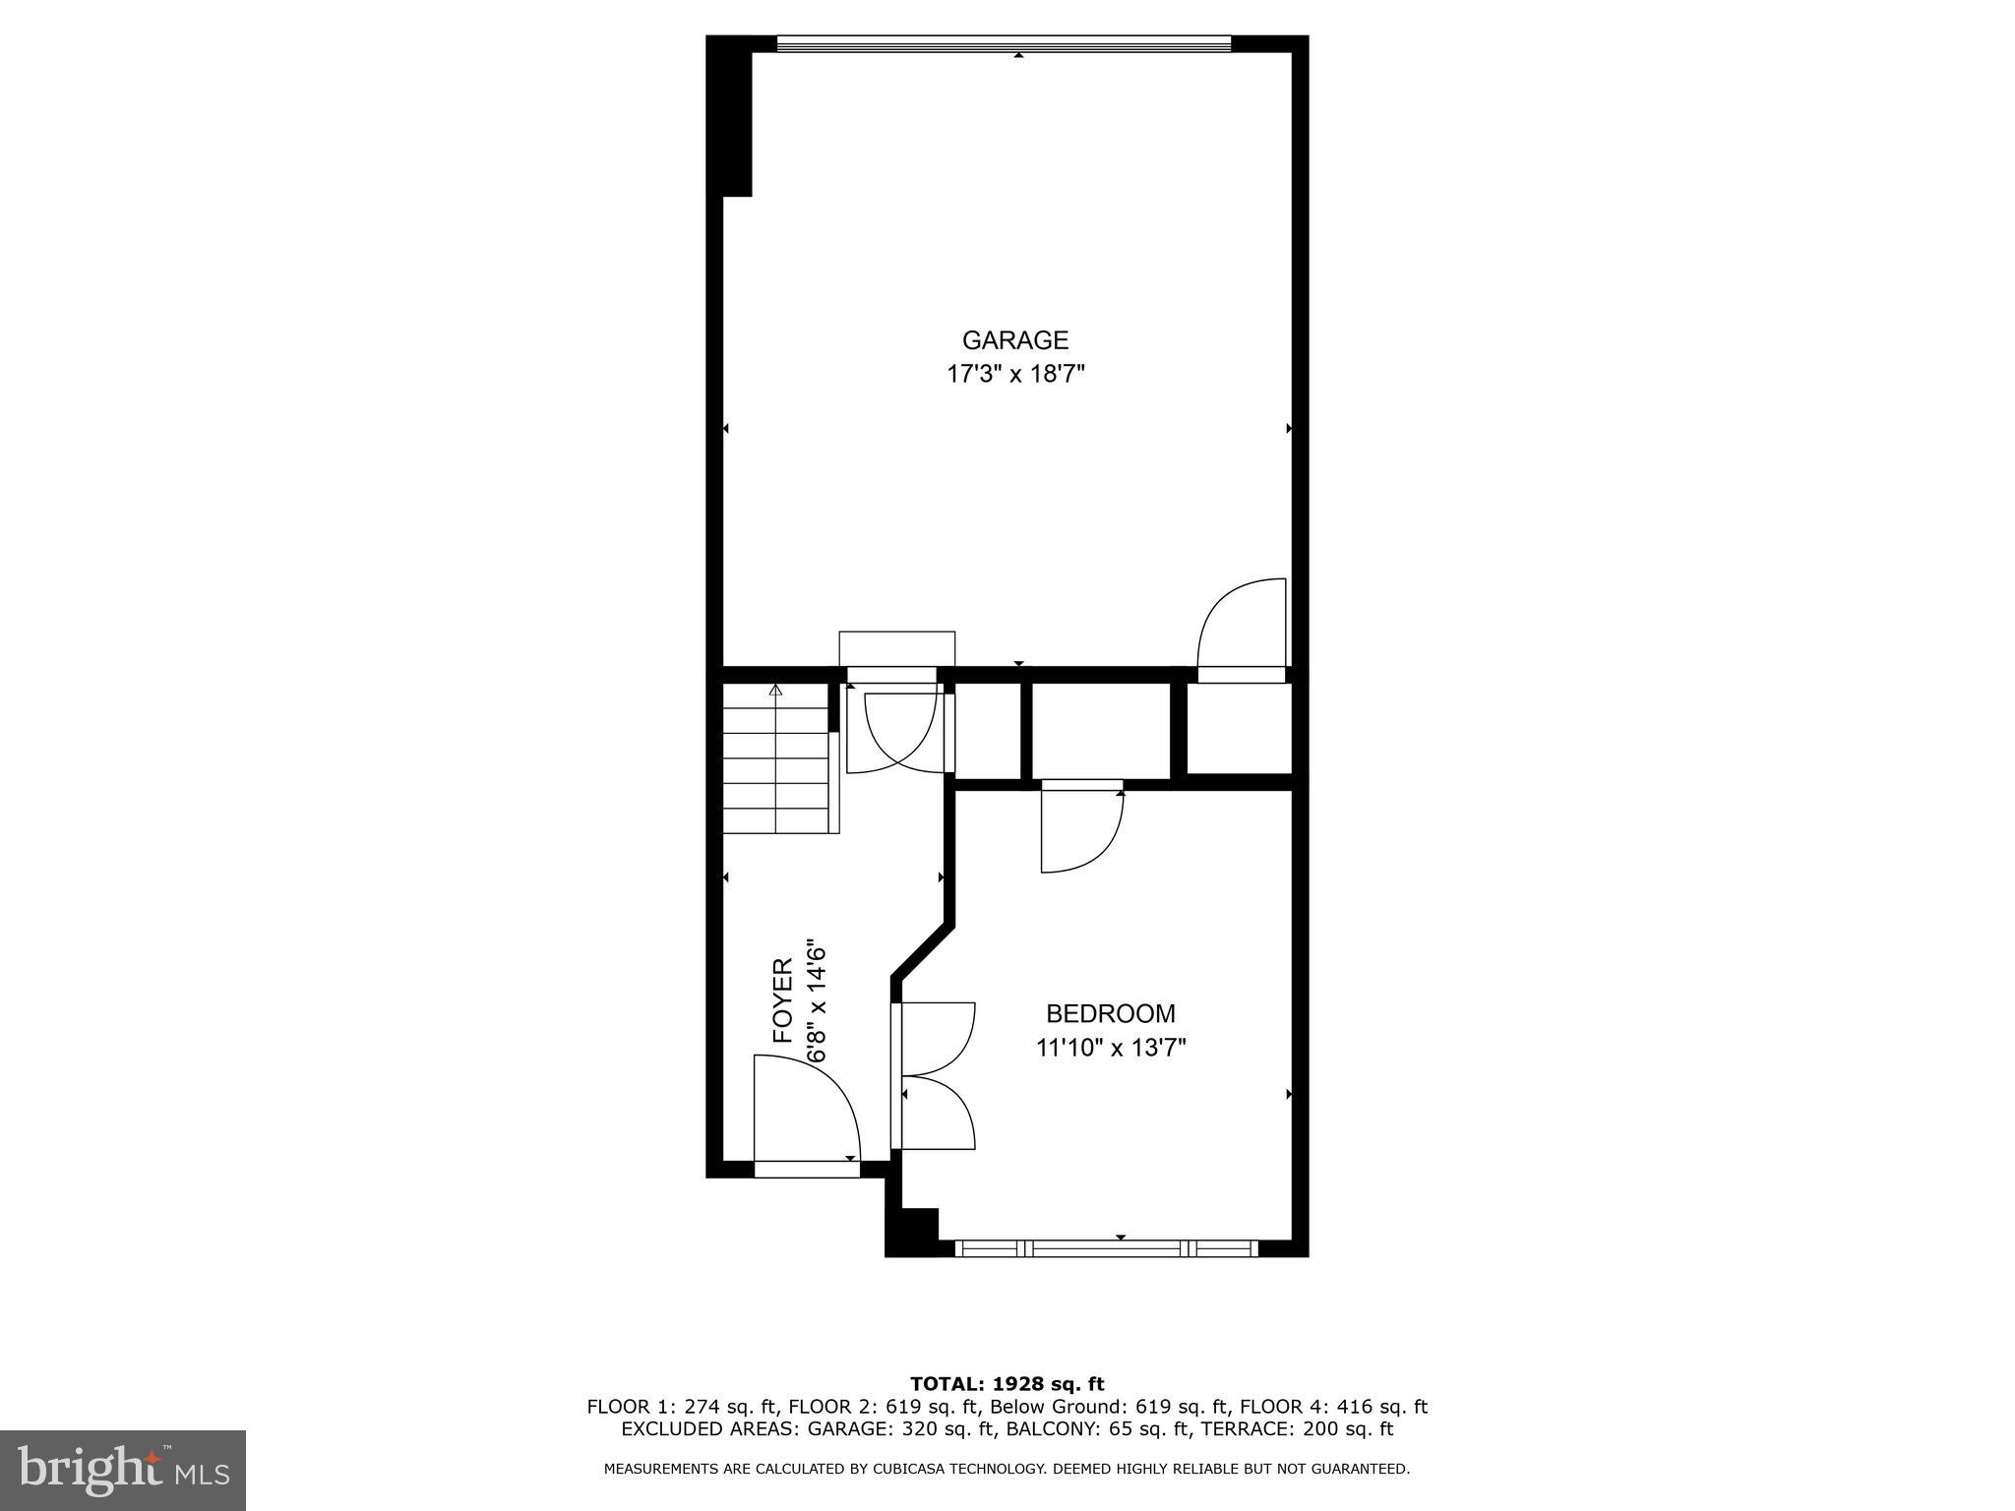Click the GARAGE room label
tap(1015, 340)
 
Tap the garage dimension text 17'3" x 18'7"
tap(1015, 375)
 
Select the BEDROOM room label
tap(1110, 1013)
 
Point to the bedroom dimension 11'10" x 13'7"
tap(1110, 1048)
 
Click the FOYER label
tap(783, 1000)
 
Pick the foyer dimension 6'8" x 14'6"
tap(816, 1000)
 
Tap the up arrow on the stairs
tap(775, 691)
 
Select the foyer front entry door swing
tap(802, 1107)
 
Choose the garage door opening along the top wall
tap(1004, 43)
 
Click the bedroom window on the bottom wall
tap(1107, 1248)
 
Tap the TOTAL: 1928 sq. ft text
tap(1007, 1385)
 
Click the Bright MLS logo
tap(123, 1470)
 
